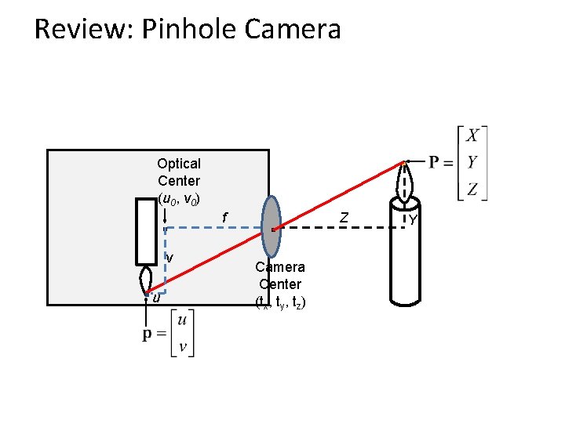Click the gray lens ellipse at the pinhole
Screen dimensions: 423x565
pos(271,226)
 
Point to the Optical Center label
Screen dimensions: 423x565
pos(179,172)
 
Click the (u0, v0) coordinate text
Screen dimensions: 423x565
pos(183,198)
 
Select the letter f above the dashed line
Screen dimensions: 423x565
pos(224,217)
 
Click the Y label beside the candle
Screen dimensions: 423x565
pos(412,220)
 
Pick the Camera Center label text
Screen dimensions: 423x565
pos(279,275)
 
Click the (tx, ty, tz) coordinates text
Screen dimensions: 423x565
pos(280,302)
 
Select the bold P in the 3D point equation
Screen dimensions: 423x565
pos(437,163)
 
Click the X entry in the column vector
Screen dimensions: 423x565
pos(472,136)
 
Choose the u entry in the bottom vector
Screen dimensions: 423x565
pos(182,320)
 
